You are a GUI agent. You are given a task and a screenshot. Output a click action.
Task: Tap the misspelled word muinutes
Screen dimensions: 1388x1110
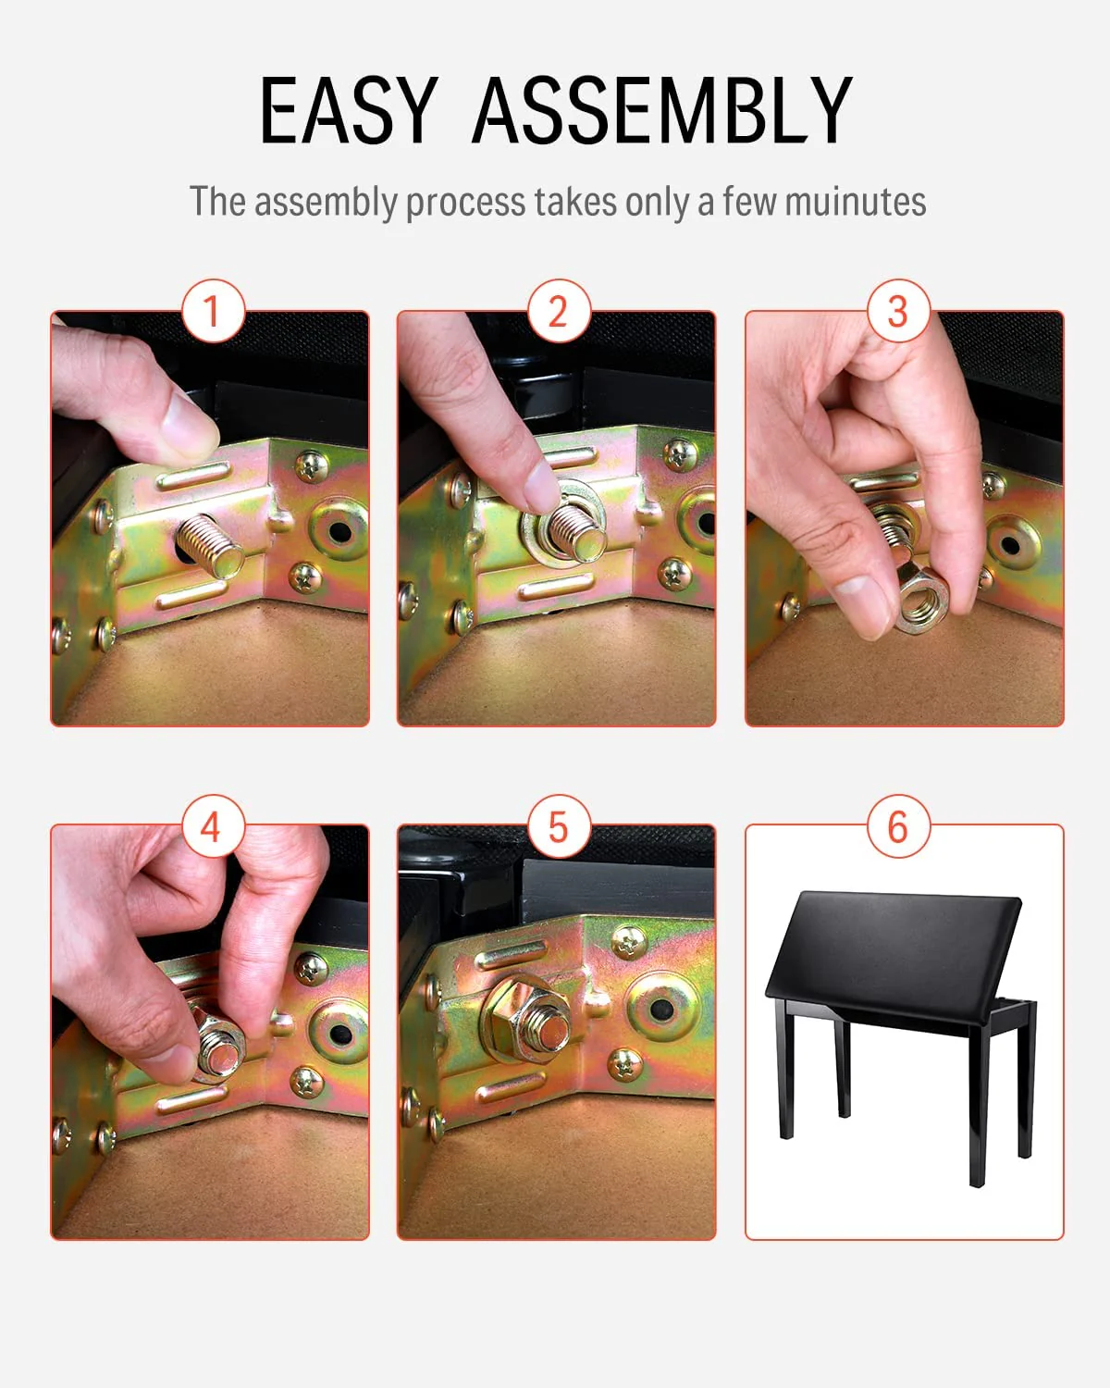pos(855,202)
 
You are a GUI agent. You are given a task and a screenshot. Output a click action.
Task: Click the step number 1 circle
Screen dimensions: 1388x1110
pos(212,312)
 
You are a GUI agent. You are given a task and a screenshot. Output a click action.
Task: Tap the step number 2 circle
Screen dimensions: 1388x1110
pos(558,312)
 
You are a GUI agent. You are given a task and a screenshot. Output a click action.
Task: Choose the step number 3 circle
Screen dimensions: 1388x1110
pos(897,312)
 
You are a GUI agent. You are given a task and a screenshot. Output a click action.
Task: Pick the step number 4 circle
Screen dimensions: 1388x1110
pos(212,825)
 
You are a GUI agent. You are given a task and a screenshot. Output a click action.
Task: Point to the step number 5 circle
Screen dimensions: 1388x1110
pos(558,825)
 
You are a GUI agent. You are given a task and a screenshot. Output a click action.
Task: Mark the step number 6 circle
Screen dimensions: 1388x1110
pos(897,825)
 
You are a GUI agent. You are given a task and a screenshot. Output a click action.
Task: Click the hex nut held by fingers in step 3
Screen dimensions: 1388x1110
pos(919,602)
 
